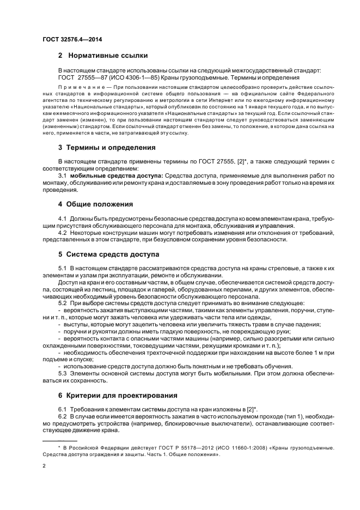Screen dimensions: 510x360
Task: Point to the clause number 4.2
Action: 62,233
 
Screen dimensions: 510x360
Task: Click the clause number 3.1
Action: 62,176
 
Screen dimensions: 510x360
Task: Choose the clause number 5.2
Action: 62,302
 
